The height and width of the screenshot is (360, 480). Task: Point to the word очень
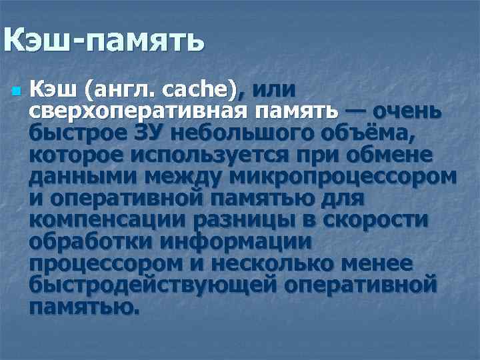407,110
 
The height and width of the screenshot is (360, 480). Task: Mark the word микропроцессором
343,177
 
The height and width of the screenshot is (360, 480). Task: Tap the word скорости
377,221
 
